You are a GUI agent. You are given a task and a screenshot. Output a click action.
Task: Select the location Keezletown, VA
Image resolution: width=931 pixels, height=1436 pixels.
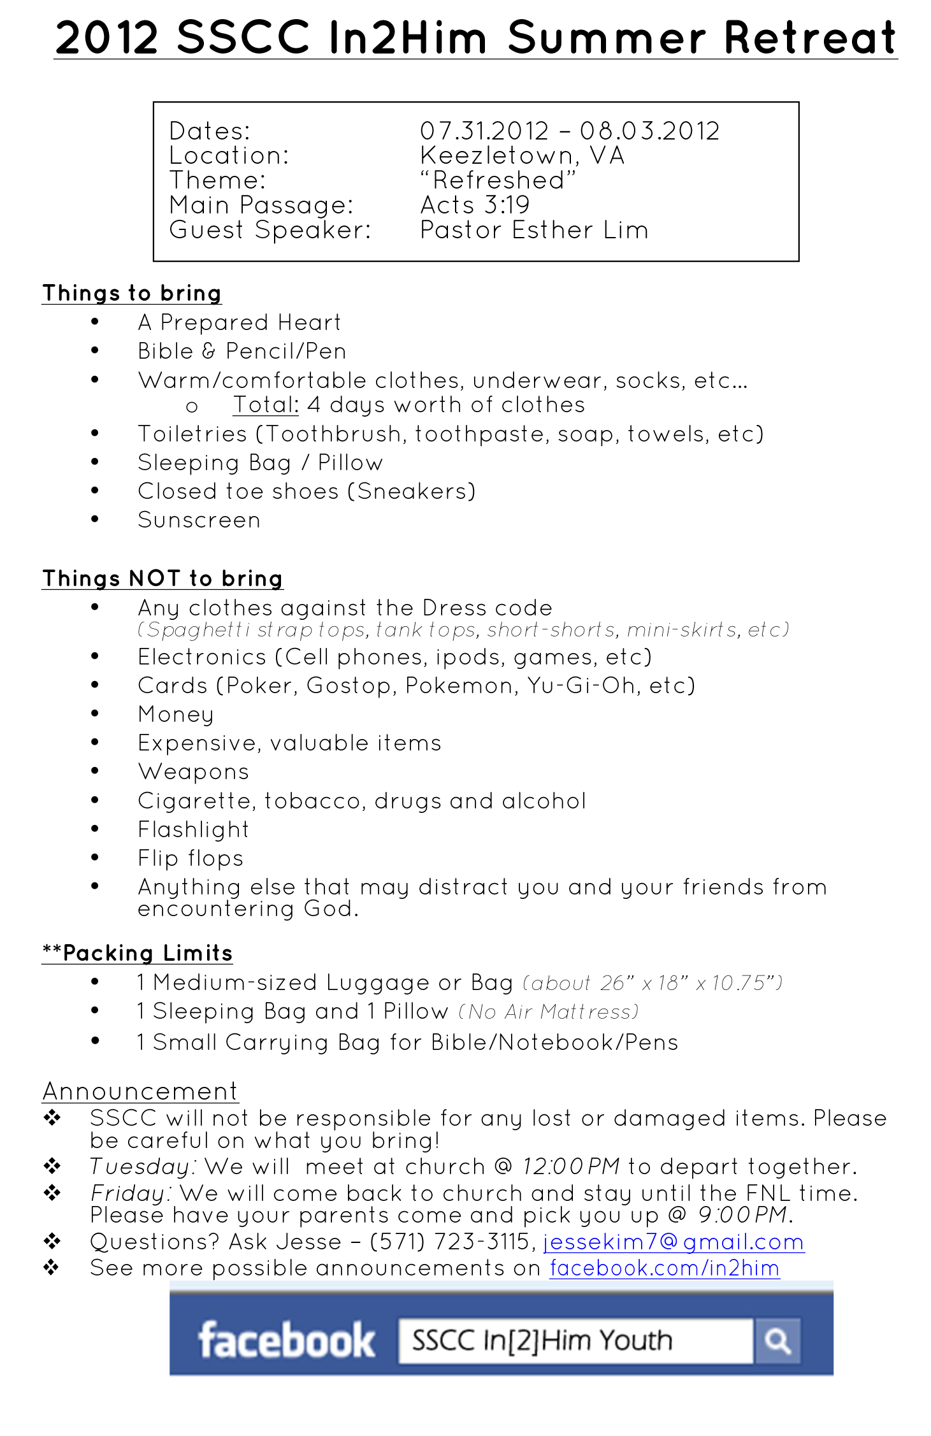pos(522,156)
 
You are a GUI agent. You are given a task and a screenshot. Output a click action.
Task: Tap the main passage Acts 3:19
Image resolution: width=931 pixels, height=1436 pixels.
pos(475,205)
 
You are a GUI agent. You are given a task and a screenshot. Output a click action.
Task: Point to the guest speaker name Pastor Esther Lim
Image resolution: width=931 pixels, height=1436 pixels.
pos(534,230)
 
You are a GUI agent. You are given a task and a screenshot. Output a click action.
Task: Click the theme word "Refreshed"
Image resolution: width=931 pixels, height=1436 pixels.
pos(498,181)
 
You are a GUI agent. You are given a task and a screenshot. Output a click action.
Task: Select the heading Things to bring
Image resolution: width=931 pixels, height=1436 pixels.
pos(131,293)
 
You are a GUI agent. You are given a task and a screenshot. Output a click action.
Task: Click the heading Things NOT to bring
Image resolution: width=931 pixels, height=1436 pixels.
pos(162,578)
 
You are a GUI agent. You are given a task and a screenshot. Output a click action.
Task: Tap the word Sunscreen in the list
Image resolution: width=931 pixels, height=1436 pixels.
pos(199,521)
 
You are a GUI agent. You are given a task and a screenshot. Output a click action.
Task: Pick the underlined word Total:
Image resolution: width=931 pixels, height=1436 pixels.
pos(266,405)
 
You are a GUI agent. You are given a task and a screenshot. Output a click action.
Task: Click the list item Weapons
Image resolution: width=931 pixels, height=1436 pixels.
pos(193,772)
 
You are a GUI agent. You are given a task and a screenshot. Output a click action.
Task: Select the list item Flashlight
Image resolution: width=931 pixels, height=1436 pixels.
pos(193,829)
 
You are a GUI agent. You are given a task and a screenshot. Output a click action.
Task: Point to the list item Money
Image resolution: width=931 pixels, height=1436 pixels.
pos(176,715)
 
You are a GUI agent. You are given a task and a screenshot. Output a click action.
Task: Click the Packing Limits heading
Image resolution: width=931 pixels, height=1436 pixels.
pos(138,953)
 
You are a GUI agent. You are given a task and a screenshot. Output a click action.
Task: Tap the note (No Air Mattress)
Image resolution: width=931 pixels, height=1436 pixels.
pos(549,1012)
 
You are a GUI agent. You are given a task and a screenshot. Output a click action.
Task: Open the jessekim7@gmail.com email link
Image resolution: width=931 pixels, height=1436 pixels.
pos(674,1242)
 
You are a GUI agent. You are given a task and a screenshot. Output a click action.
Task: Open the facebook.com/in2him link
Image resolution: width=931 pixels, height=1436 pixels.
pos(665,1268)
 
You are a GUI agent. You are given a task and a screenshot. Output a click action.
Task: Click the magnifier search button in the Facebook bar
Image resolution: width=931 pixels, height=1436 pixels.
pos(777,1340)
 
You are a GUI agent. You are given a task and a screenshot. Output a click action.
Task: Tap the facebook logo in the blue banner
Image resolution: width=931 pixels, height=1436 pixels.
pos(286,1340)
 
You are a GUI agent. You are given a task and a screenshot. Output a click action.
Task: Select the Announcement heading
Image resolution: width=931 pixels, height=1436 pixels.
pos(140,1091)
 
